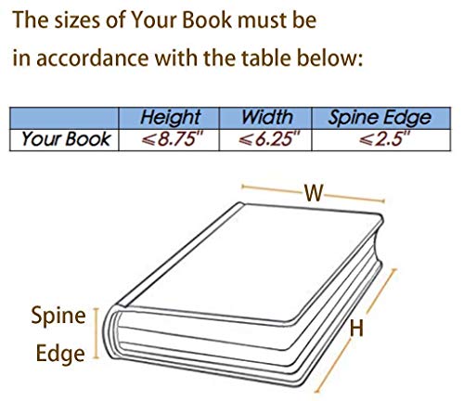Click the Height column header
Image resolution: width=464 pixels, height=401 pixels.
pos(171,118)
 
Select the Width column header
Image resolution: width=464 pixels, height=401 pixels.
pos(266,118)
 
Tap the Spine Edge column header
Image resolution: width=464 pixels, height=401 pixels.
pos(380,118)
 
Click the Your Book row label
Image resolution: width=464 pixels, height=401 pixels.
pos(66,139)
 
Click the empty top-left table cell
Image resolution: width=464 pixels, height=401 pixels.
pos(64,118)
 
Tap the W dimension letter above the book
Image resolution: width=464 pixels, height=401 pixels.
pos(314,193)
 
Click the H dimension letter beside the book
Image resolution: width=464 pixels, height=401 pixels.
pos(356,329)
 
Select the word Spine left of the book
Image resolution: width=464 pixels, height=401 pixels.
pos(58,317)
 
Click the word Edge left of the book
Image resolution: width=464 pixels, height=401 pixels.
pos(60,354)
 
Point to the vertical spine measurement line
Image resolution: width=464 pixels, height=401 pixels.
pos(97,333)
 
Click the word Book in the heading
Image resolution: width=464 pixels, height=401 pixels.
pos(207,20)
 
